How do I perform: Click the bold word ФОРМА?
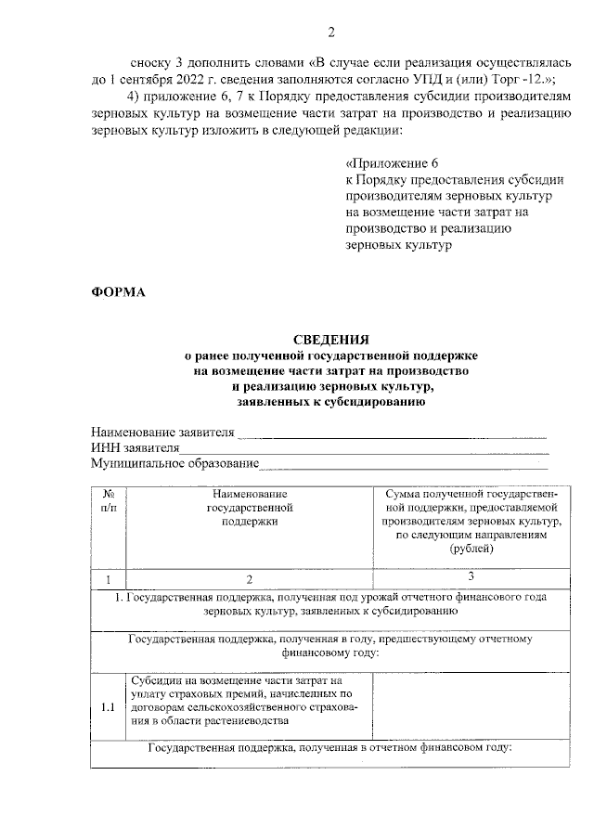[x=118, y=293]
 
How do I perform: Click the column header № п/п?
[x=108, y=501]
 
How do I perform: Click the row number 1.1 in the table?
[x=108, y=707]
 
